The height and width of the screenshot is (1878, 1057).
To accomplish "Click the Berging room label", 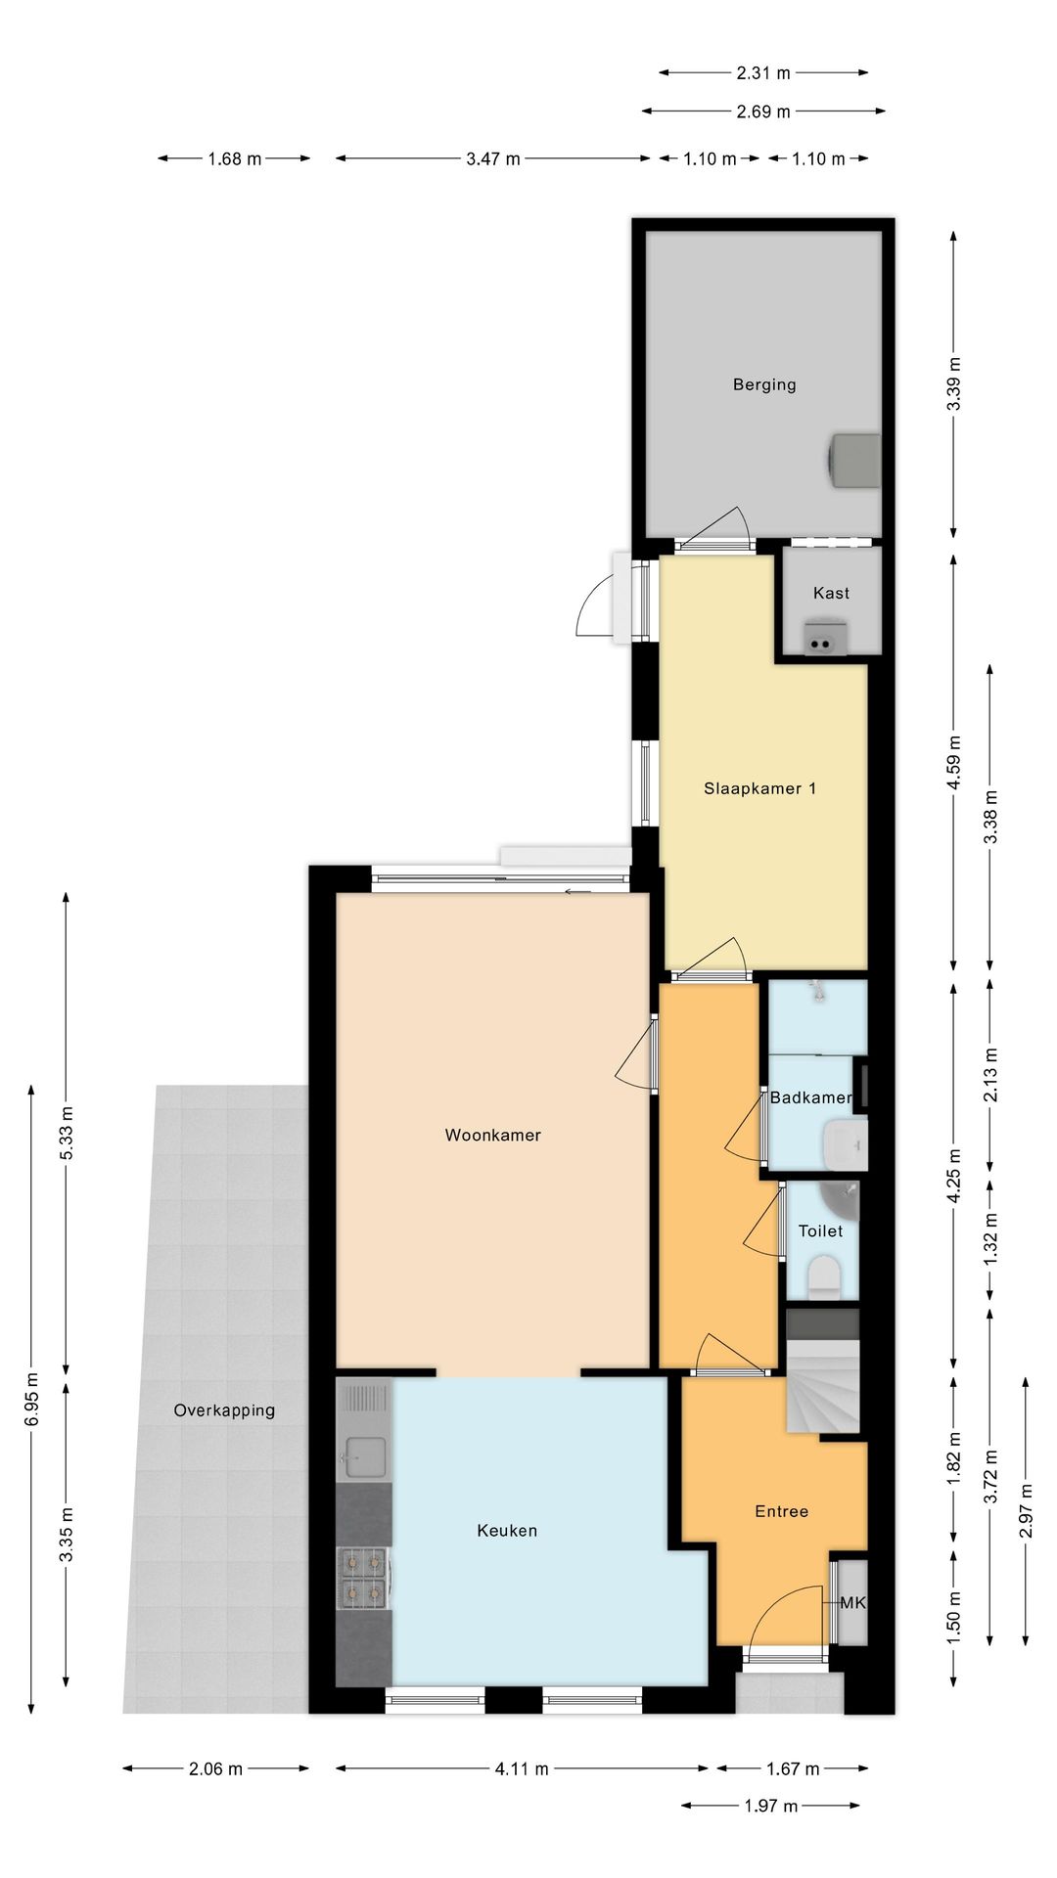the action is (764, 384).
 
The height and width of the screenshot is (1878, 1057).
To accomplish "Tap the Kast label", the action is (831, 593).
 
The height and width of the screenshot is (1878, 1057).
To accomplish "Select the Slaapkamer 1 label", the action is (759, 788).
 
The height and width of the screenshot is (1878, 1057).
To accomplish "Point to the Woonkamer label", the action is (492, 1135).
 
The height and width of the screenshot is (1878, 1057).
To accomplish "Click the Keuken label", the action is (507, 1531).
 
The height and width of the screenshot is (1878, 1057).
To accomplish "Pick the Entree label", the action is (781, 1511).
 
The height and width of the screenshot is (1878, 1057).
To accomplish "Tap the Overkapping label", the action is (224, 1410).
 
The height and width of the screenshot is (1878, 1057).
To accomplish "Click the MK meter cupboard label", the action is (852, 1603).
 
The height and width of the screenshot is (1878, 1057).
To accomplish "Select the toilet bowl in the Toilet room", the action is (824, 1277).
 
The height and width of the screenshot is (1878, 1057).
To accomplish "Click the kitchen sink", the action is (365, 1457).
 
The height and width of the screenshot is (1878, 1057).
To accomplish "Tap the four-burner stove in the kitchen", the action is (362, 1579).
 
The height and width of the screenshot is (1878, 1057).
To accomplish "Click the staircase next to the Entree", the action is (823, 1371).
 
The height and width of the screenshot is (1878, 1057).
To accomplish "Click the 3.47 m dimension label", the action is (492, 158).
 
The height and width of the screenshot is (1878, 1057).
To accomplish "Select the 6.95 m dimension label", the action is (32, 1400).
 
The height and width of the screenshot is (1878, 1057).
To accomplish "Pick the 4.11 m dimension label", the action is (521, 1768).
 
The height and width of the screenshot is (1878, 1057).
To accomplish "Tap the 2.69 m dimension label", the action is (763, 112).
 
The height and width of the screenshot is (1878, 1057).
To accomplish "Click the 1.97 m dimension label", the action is (770, 1806).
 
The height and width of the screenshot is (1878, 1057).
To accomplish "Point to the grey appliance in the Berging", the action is (854, 460).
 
